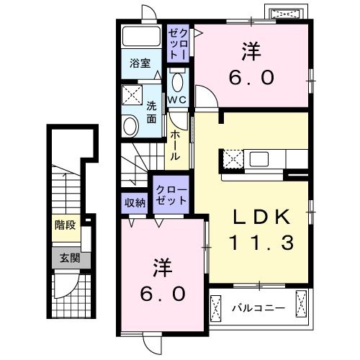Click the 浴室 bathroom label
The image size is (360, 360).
click(140, 63)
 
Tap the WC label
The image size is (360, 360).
click(178, 99)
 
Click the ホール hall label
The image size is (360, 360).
click(174, 143)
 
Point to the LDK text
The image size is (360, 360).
click(261, 215)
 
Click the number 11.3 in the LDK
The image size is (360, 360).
click(261, 243)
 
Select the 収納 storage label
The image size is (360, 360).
click(135, 202)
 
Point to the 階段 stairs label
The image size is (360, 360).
click(65, 225)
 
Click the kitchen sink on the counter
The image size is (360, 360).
click(258, 158)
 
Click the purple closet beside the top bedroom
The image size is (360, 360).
click(177, 43)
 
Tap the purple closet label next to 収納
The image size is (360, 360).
click(170, 195)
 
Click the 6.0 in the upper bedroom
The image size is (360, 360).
click(251, 77)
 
